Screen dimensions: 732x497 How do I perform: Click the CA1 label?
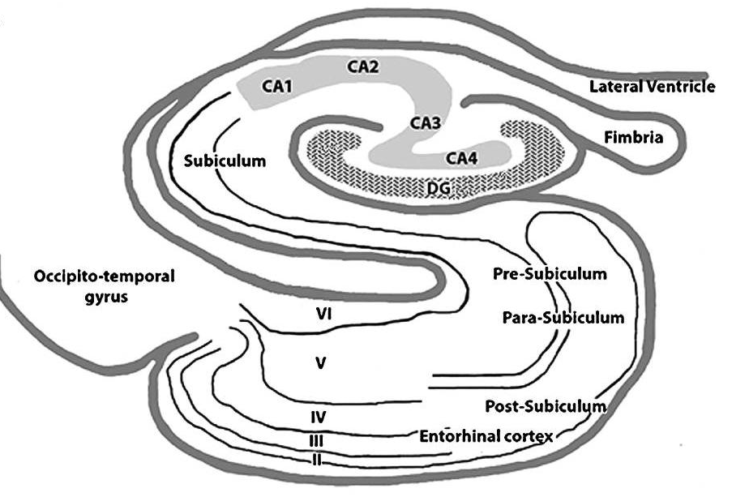coord(277,86)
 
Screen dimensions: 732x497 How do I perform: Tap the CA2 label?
coord(363,66)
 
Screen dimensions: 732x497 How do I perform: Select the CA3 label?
coord(426,123)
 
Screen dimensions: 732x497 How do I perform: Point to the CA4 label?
coord(462,158)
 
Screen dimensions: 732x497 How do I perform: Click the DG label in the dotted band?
coord(439,188)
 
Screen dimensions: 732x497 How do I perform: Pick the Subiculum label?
coord(225,161)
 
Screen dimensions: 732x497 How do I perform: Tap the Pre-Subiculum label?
coord(550,273)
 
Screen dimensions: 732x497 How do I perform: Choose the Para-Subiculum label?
coord(563,318)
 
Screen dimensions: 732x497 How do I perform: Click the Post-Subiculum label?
coord(546,406)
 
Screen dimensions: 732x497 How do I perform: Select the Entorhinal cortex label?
coord(486,436)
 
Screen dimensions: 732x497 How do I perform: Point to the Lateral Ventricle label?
coord(653,87)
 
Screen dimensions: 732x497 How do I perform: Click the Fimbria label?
coord(633,137)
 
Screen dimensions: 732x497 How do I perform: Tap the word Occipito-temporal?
coord(105,276)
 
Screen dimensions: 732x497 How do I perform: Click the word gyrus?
coord(106,298)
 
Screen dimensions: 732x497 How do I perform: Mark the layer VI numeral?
coord(324,315)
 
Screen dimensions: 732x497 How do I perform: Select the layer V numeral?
coord(320,363)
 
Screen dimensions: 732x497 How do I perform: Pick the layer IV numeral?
coord(318,417)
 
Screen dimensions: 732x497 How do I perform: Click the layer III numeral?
coord(316,440)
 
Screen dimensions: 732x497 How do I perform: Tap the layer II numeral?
coord(316,460)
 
